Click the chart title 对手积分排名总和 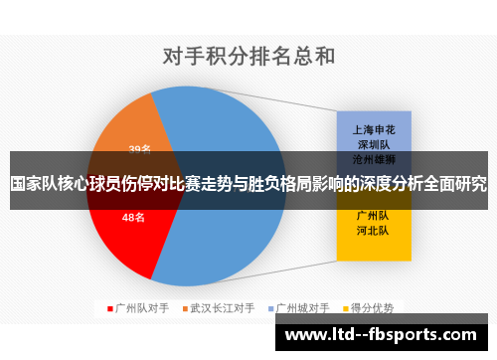[248, 56]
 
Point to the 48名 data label [134, 217]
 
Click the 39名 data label [140, 149]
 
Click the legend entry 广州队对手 [142, 308]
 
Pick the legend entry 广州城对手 [303, 308]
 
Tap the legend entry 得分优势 [373, 308]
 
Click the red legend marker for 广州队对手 [110, 308]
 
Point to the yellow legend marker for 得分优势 [348, 308]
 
